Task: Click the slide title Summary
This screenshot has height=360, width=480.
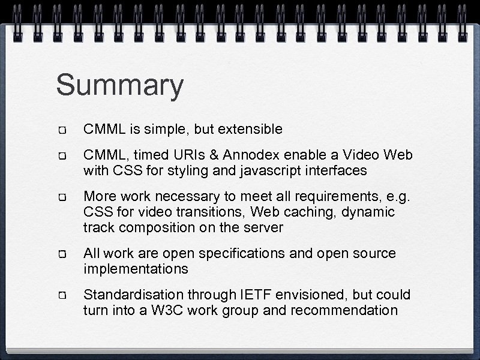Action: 119,86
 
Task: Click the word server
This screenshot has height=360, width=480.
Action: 263,227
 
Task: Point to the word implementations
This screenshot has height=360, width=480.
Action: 136,269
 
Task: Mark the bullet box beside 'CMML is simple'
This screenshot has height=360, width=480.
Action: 62,130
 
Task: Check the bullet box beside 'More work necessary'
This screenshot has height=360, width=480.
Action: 62,197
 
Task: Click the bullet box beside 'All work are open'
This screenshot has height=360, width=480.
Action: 62,254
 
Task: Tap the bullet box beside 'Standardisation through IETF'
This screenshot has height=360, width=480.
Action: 62,296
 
